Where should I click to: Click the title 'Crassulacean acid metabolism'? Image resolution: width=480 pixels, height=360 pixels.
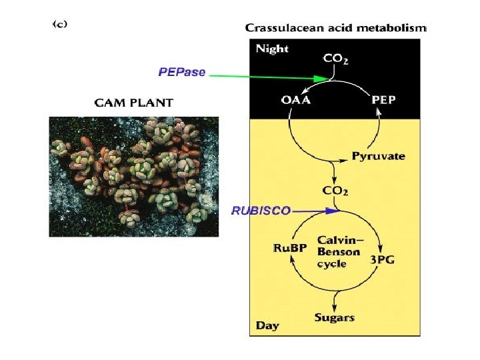[335, 28]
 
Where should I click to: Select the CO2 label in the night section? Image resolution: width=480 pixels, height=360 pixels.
[335, 59]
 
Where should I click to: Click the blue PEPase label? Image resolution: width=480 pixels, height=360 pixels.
[181, 72]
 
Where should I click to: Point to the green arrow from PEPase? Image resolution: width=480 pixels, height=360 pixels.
[267, 76]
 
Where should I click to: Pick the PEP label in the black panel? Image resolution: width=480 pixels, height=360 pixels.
[383, 101]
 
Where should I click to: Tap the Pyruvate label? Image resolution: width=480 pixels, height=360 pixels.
[378, 157]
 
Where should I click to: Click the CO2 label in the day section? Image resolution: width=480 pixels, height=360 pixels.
[335, 191]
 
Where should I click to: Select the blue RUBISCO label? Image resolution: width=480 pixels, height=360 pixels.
[261, 211]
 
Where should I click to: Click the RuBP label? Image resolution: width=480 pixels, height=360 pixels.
[290, 249]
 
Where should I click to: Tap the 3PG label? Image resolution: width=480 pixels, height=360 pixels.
[382, 260]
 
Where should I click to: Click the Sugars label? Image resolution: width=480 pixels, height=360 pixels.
[334, 317]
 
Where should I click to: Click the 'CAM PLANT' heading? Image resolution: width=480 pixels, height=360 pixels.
[133, 103]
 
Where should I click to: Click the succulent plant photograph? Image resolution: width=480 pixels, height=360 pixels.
[134, 176]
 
